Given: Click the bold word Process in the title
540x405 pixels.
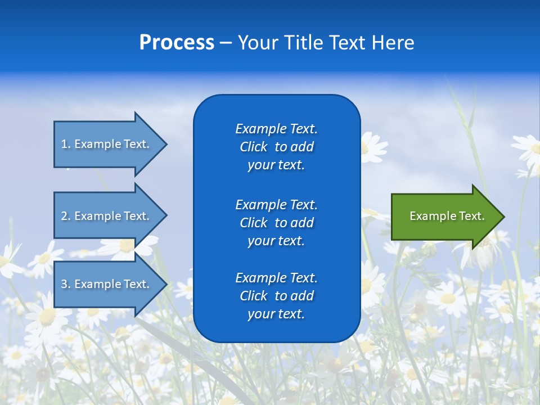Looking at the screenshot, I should tap(177, 43).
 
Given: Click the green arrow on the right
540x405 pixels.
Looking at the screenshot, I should tap(444, 216).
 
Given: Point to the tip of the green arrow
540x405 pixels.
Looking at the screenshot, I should tap(503, 217).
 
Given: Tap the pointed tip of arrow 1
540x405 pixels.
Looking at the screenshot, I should tap(165, 144).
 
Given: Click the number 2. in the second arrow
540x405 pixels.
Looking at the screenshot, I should tap(66, 216).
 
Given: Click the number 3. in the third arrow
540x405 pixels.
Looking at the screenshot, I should tap(66, 284).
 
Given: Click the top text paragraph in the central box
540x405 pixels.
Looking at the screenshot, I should tap(276, 147).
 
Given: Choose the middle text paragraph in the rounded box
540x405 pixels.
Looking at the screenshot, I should tap(276, 223).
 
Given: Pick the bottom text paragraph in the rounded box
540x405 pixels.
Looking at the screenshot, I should tap(276, 296).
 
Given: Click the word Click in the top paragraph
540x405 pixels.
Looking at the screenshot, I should tap(253, 147).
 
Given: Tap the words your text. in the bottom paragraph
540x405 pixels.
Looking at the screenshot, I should tap(276, 314).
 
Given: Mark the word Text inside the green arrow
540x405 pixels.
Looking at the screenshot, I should tap(472, 216).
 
